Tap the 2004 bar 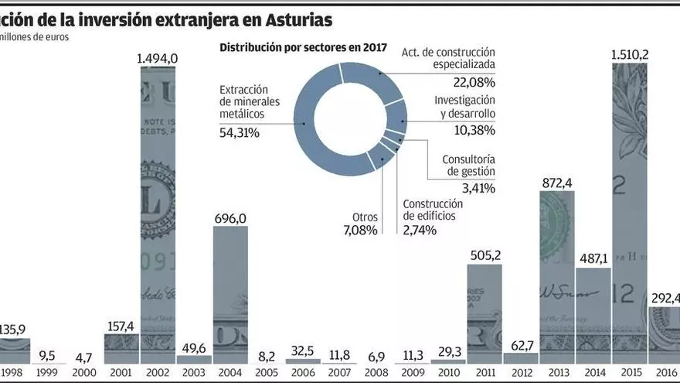[230, 294]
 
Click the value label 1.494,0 [158, 58]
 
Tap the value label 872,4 [556, 183]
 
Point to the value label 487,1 [593, 260]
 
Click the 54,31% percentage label [240, 132]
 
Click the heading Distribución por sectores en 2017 [303, 47]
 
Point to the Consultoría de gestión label [468, 166]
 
